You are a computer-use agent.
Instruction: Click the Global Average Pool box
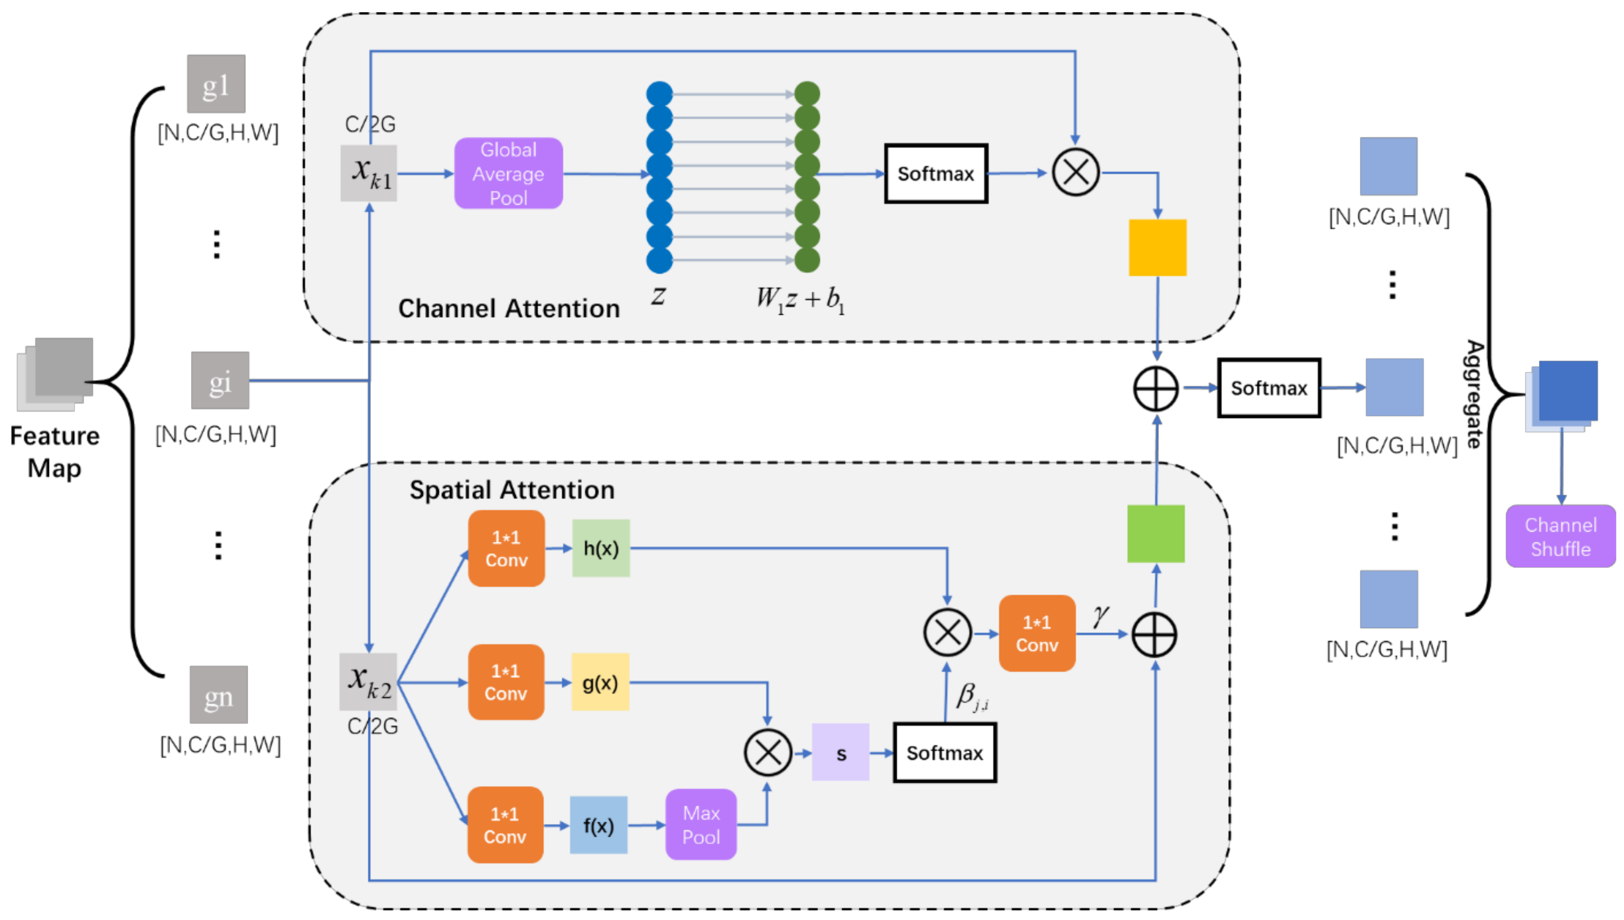[x=508, y=173]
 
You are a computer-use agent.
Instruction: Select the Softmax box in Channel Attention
[x=935, y=173]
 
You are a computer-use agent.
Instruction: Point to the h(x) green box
[x=600, y=548]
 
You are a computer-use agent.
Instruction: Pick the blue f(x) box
[x=598, y=825]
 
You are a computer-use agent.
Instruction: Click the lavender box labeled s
[x=840, y=752]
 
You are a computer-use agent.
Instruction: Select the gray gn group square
[x=219, y=694]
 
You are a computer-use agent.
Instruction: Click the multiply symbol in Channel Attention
[x=1075, y=172]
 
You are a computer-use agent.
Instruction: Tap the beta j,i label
[x=972, y=696]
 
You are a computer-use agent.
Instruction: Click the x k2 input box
[x=368, y=682]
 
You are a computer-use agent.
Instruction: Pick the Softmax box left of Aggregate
[x=1269, y=388]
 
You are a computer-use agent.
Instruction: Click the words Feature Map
[x=54, y=452]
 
